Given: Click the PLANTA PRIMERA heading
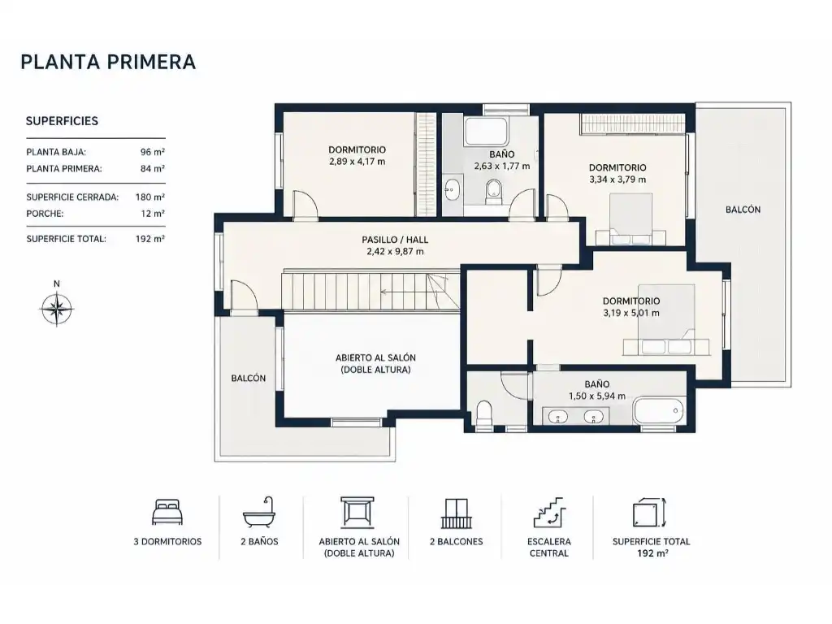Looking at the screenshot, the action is point(108,62).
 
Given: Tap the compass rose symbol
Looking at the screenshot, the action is point(57,308).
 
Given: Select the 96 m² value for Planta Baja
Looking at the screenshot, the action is point(152,152).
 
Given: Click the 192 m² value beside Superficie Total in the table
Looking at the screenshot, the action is point(150,239).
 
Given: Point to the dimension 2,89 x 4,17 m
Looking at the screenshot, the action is point(357,162).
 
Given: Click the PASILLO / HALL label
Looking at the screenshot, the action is point(395,240).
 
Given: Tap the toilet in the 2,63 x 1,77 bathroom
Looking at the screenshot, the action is point(493,191).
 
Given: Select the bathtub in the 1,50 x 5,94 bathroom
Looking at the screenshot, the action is point(658,410).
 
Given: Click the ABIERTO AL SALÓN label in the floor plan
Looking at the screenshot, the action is point(375,357).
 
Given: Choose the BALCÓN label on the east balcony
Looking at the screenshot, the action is point(743,210).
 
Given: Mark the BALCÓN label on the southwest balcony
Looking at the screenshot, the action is point(249,379).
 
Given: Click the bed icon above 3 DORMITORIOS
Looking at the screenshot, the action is point(167,512).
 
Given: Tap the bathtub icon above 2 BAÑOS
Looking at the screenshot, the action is point(259,513).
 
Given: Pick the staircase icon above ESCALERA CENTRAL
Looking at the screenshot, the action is point(548,513).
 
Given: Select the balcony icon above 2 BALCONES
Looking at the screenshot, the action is point(456,513).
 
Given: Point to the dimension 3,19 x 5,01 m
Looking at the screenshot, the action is point(630,313).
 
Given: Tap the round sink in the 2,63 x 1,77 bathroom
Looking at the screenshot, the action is point(452,189).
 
